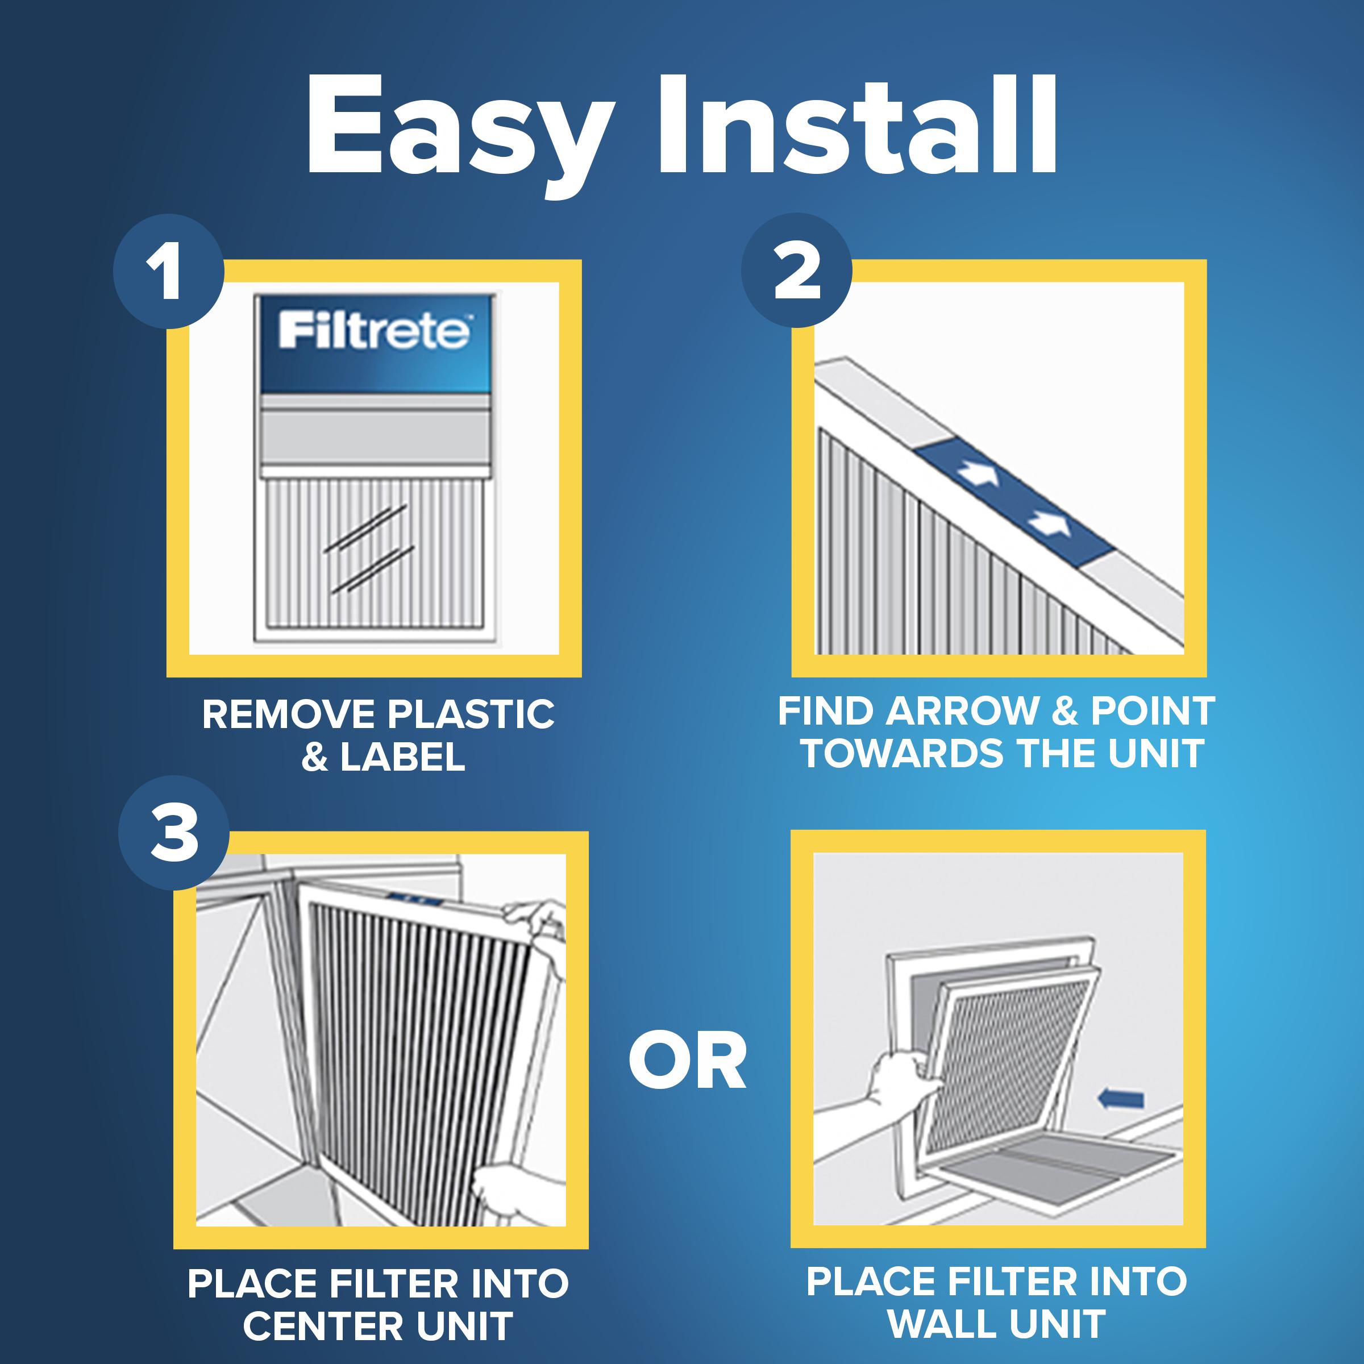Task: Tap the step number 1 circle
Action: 168,271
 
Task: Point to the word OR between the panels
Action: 687,1061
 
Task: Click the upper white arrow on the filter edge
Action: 980,474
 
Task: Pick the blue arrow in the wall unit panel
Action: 1122,1099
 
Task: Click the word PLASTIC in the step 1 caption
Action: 471,714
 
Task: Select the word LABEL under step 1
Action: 402,758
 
